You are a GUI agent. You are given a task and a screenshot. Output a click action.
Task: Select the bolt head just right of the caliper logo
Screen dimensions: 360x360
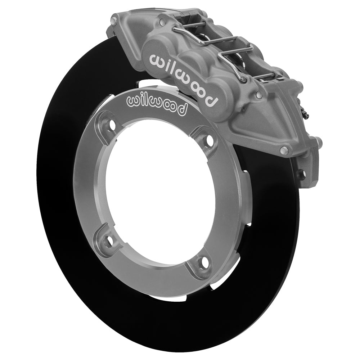click(x=258, y=94)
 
